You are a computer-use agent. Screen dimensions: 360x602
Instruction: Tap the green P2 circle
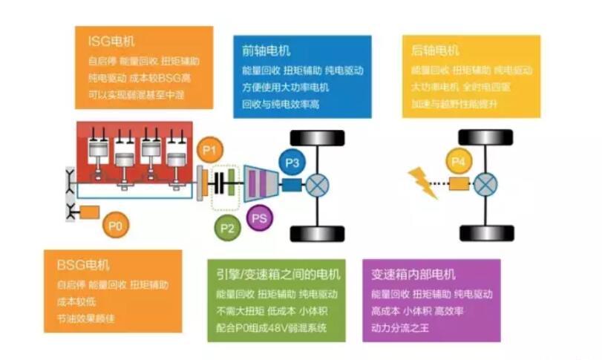[x=227, y=228]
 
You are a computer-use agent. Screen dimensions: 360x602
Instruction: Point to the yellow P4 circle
[x=459, y=162]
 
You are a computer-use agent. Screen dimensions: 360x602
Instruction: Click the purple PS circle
[x=259, y=218]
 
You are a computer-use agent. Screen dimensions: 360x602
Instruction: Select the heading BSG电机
[x=82, y=265]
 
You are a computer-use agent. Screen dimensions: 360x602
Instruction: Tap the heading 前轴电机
[x=266, y=50]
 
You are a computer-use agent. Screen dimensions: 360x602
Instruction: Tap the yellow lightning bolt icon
[x=423, y=183]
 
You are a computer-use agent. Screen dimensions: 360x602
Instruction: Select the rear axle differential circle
[x=486, y=183]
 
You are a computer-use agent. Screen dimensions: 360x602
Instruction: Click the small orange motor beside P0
[x=90, y=212]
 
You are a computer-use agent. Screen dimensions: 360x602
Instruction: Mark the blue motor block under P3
[x=292, y=183]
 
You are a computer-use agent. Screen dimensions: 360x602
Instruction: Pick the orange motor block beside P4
[x=465, y=183]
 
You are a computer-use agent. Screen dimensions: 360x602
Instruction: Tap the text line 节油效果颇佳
[x=85, y=318]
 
